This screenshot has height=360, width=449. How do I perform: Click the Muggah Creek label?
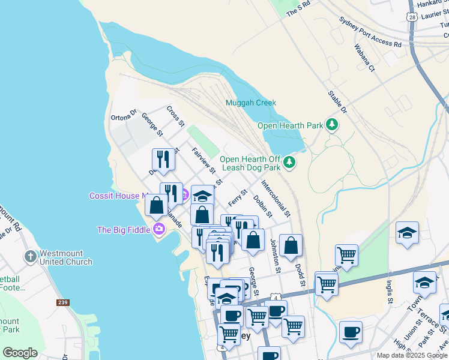pos(250,103)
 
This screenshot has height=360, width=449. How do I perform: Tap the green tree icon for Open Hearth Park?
pos(332,125)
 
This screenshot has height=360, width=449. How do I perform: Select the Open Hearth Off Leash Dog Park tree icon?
pos(289,162)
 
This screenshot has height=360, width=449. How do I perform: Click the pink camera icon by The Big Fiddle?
pos(159,229)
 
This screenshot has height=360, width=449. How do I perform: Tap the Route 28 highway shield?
pos(411,17)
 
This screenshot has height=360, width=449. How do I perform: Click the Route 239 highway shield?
pos(63,302)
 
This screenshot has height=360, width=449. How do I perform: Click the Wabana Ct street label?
pos(364,58)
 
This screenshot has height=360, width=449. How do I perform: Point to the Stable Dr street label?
pos(337,102)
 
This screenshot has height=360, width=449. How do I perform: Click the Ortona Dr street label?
pos(124,115)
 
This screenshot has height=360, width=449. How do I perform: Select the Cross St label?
pos(175,116)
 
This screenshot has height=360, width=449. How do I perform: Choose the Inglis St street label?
pos(390,291)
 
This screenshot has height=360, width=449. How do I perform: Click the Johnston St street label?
pos(275,256)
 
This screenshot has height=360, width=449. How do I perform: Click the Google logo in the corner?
pos(20,353)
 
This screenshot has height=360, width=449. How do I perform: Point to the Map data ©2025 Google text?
pos(412,355)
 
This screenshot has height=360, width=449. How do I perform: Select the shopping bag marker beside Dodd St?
pos(291,244)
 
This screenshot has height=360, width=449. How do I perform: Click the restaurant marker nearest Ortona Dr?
pos(163,159)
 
